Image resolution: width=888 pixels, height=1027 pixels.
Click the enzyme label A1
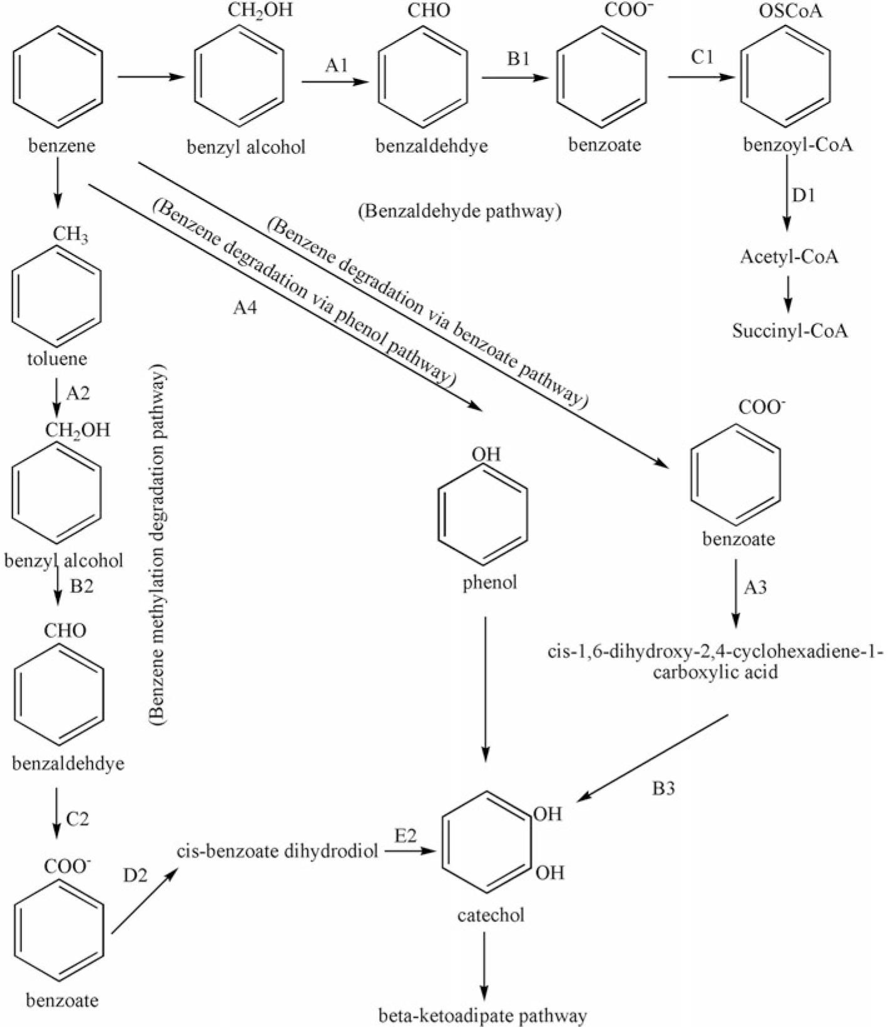336,65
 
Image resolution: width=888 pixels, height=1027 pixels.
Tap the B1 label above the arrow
518,59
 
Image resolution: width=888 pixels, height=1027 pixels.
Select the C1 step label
702,58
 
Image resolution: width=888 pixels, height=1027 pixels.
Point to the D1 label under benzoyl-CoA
804,196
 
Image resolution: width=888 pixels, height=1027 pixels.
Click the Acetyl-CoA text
789,257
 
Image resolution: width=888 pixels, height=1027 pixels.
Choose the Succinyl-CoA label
790,330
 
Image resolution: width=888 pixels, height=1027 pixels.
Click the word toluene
57,359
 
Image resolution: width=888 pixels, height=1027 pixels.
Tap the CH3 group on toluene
70,235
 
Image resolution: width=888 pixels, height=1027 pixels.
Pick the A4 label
245,308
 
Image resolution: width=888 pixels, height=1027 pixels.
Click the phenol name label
490,582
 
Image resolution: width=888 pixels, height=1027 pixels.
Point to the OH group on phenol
486,453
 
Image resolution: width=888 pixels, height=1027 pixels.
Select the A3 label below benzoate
755,587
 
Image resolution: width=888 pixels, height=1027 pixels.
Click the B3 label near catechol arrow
663,789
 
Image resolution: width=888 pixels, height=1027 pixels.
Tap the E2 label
406,836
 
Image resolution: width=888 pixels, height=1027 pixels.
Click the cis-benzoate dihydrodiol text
277,851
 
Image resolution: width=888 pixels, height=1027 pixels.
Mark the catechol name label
491,915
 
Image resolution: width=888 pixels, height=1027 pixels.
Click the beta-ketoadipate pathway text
483,1016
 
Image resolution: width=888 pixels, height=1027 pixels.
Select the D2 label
135,875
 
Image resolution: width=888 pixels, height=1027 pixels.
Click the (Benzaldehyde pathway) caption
459,211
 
